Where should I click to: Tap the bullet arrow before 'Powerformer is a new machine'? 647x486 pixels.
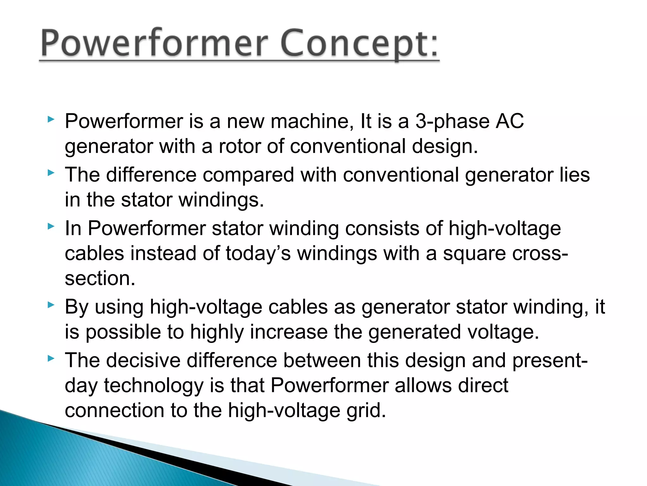click(x=51, y=120)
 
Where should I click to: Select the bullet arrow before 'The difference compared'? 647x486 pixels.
click(x=51, y=173)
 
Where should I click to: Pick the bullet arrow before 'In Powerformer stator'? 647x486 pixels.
click(x=51, y=226)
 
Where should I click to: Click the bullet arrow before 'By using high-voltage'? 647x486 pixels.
click(x=51, y=305)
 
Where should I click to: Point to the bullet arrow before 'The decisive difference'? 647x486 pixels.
click(x=51, y=358)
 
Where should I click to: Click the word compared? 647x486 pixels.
click(x=248, y=175)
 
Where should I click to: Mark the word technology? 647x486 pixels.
click(x=154, y=386)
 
